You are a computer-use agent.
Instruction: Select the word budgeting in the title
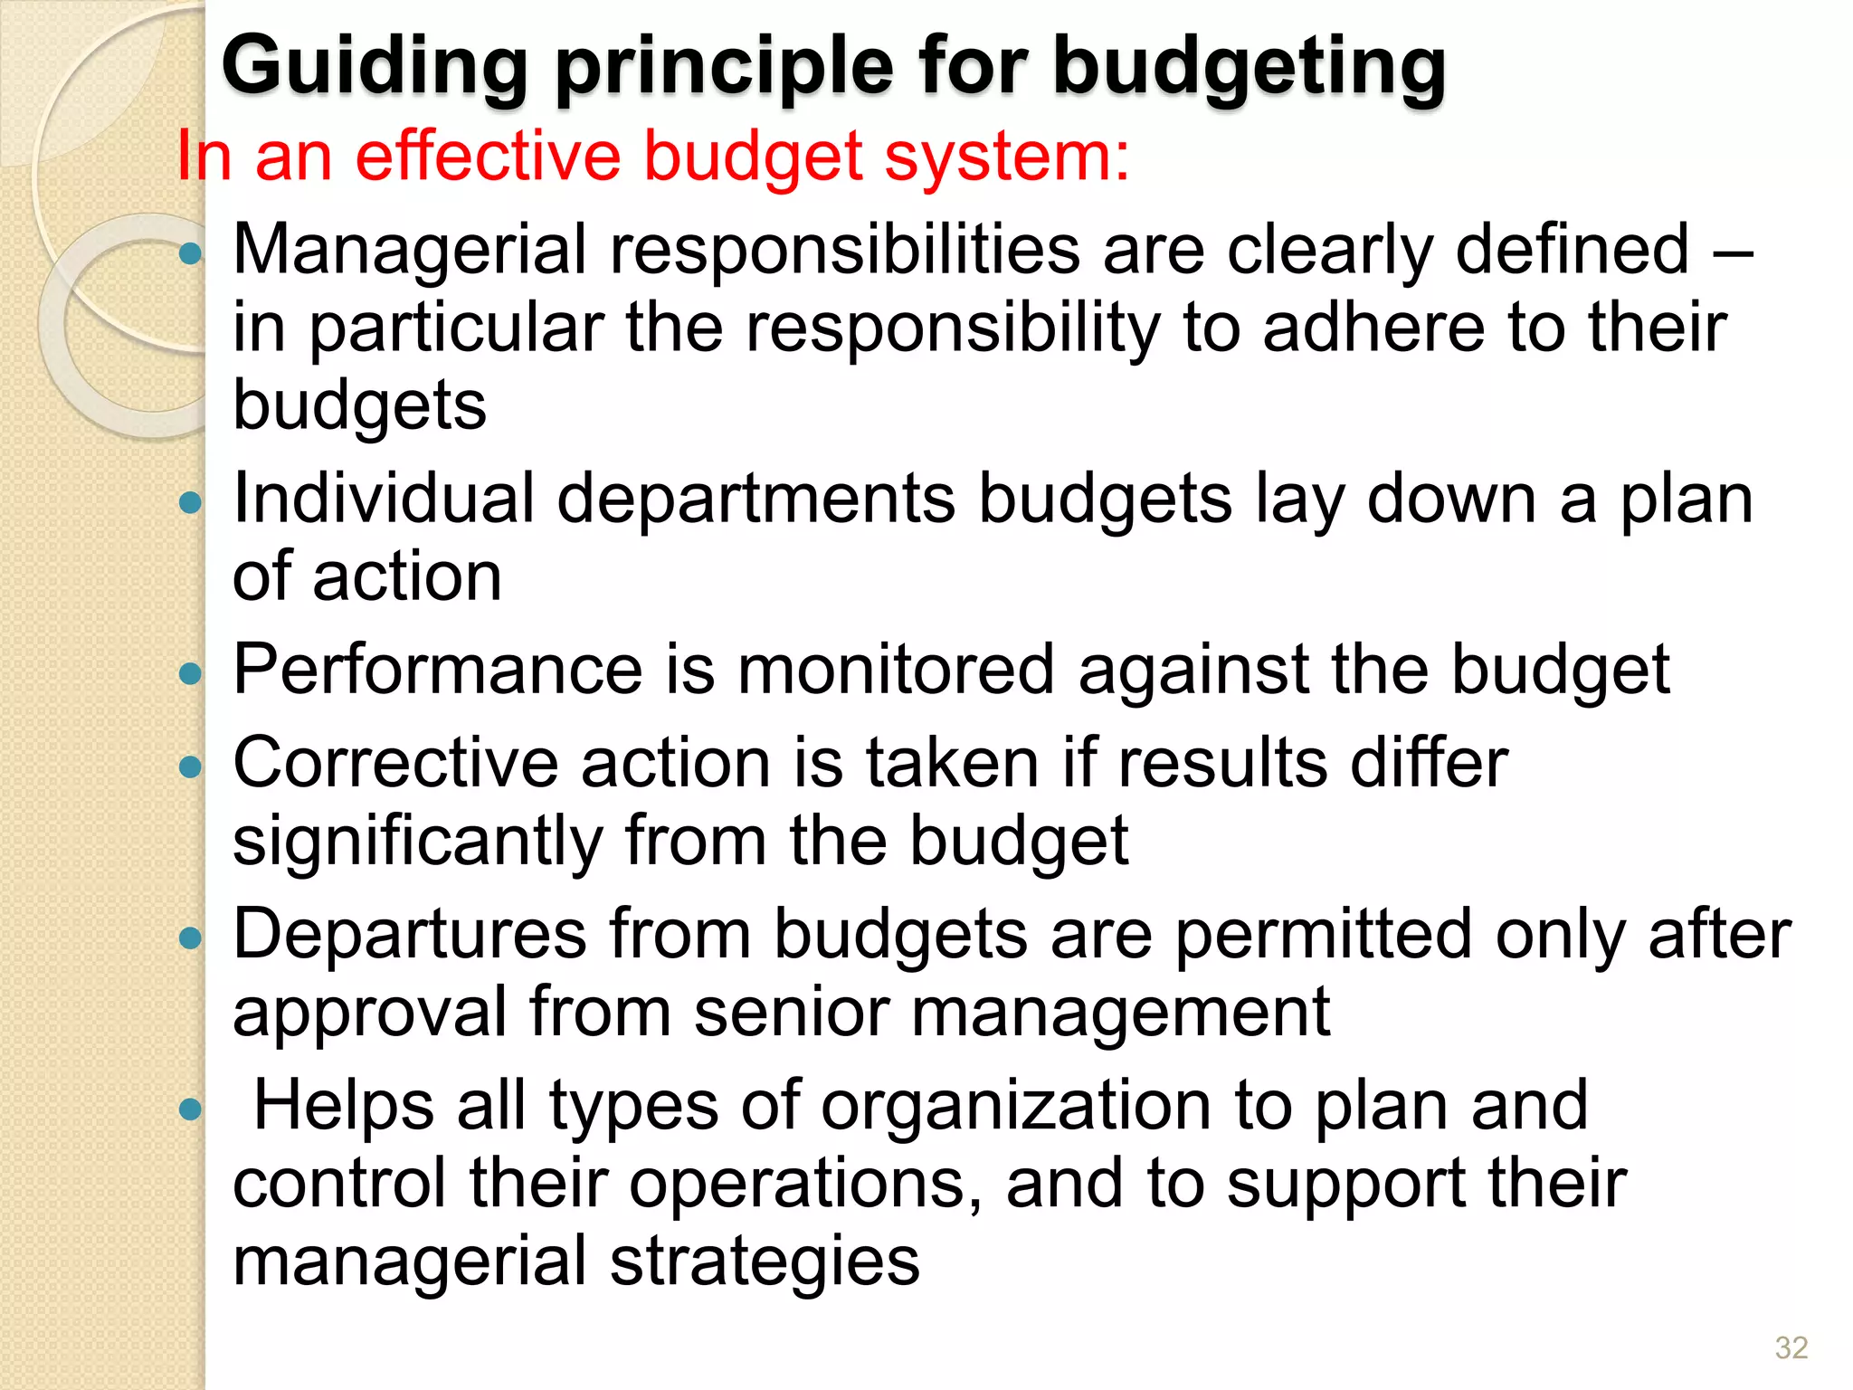1250,68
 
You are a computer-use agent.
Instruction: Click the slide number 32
1791,1347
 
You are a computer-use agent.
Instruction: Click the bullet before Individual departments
190,502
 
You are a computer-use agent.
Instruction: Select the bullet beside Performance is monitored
190,673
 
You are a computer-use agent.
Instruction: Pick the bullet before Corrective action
190,767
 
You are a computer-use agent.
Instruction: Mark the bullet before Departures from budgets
190,938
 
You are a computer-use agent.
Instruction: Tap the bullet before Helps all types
190,1109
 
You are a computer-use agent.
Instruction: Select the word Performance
438,670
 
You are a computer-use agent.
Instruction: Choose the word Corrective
395,763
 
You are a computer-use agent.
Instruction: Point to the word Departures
410,934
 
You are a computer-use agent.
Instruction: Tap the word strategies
765,1262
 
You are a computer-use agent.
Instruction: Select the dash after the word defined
1734,252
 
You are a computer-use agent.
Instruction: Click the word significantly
417,842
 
